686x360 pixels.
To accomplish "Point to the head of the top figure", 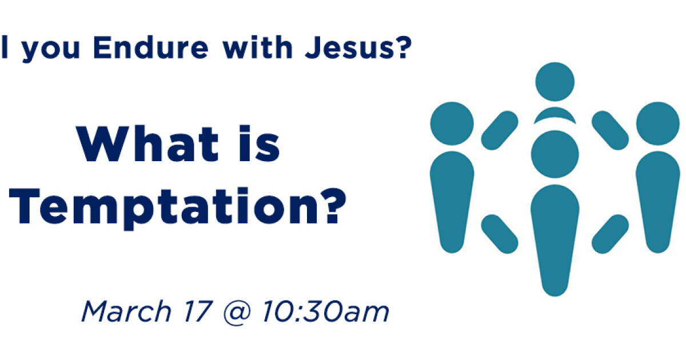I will tap(555, 81).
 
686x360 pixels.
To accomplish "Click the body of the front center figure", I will tap(555, 234).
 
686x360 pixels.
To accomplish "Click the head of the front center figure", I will tap(555, 154).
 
